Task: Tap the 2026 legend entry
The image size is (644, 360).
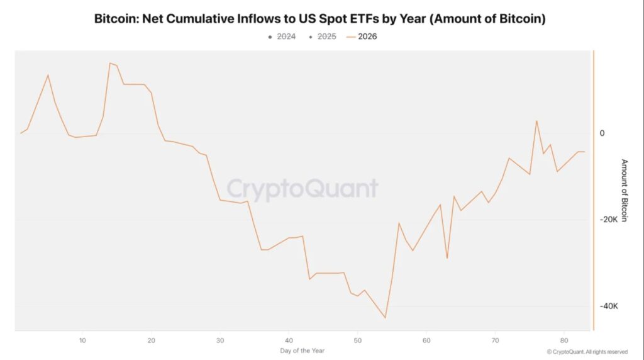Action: pyautogui.click(x=367, y=37)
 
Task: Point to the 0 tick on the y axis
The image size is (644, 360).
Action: pyautogui.click(x=602, y=133)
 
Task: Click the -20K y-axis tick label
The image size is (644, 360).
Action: pyautogui.click(x=608, y=220)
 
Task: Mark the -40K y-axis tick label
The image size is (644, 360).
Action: pyautogui.click(x=608, y=307)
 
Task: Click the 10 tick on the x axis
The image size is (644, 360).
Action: pyautogui.click(x=82, y=340)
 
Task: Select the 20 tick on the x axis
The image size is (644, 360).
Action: pyautogui.click(x=151, y=340)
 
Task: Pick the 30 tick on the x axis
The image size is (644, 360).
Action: pyautogui.click(x=220, y=340)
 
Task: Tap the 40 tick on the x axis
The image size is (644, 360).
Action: pyautogui.click(x=289, y=340)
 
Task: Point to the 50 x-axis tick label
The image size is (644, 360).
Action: pyautogui.click(x=357, y=340)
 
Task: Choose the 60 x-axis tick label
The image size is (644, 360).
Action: pyautogui.click(x=426, y=340)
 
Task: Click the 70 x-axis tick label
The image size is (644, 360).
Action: pyautogui.click(x=495, y=340)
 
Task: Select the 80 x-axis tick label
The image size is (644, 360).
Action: pyautogui.click(x=563, y=340)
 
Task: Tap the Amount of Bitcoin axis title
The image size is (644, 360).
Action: pyautogui.click(x=624, y=190)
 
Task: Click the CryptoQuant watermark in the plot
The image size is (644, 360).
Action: pyautogui.click(x=303, y=189)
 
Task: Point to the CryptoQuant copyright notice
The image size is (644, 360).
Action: pyautogui.click(x=587, y=352)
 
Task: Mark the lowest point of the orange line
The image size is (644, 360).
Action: pyautogui.click(x=385, y=318)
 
